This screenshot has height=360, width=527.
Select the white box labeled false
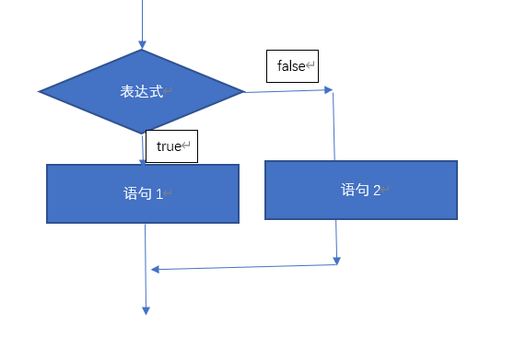pyautogui.click(x=292, y=66)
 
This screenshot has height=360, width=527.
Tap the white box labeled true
pyautogui.click(x=171, y=146)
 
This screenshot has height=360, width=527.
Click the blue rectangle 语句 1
pyautogui.click(x=143, y=193)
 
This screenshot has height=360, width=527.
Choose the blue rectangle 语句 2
pyautogui.click(x=360, y=190)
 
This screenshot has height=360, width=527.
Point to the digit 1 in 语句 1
pyautogui.click(x=158, y=194)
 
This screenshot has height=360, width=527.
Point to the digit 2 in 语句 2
pyautogui.click(x=377, y=191)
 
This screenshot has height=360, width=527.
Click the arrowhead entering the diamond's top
pyautogui.click(x=142, y=43)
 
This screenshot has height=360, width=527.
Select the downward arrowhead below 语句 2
pyautogui.click(x=337, y=260)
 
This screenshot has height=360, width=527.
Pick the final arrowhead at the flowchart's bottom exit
pyautogui.click(x=146, y=310)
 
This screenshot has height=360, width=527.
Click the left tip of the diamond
pyautogui.click(x=41, y=91)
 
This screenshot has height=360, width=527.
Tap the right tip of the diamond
pyautogui.click(x=243, y=91)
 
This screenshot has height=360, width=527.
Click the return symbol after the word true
pyautogui.click(x=186, y=146)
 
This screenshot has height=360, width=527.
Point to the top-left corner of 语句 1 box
pyautogui.click(x=48, y=166)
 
